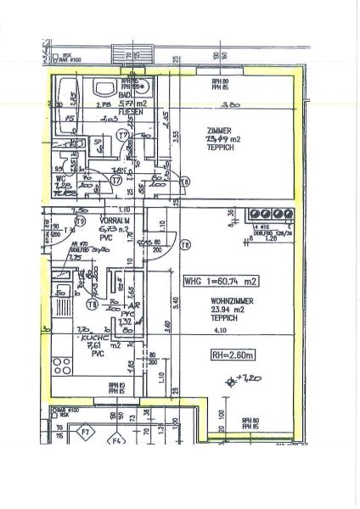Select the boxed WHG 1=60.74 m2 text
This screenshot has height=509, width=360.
(x=221, y=279)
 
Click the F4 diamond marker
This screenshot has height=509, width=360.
(x=118, y=440)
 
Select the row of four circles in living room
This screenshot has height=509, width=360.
(x=267, y=215)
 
